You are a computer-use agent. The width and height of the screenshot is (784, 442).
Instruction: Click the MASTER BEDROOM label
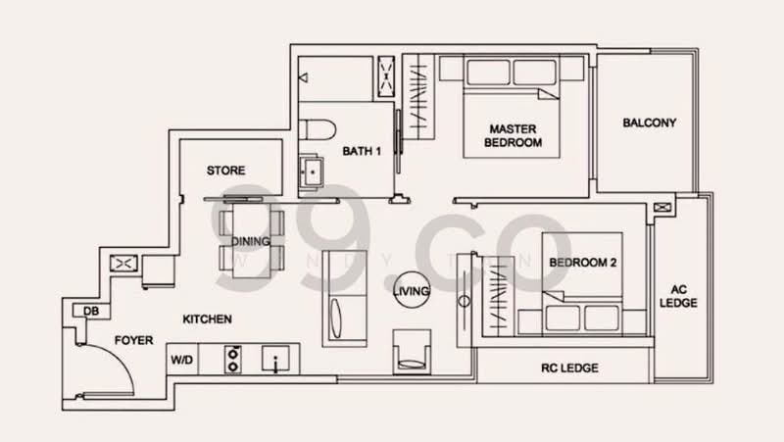(514, 135)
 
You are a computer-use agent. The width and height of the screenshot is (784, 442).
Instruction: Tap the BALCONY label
(649, 123)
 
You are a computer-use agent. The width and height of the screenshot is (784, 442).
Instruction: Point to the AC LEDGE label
(684, 297)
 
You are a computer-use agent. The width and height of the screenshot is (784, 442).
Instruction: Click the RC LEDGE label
(569, 368)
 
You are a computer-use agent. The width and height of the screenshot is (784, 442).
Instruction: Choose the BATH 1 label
(362, 152)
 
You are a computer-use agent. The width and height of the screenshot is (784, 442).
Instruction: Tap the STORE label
(225, 171)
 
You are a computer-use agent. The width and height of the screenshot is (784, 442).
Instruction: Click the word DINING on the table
(251, 242)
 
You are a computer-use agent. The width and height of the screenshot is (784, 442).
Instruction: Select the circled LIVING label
(411, 291)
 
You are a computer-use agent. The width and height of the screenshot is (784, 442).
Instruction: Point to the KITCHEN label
(207, 319)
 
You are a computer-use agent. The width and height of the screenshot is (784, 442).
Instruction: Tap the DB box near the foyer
(90, 312)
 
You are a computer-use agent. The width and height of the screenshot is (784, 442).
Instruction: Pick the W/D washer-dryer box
(183, 359)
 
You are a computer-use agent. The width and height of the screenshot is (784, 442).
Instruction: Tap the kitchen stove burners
(235, 359)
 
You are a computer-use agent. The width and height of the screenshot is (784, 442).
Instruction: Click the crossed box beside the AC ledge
(663, 208)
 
